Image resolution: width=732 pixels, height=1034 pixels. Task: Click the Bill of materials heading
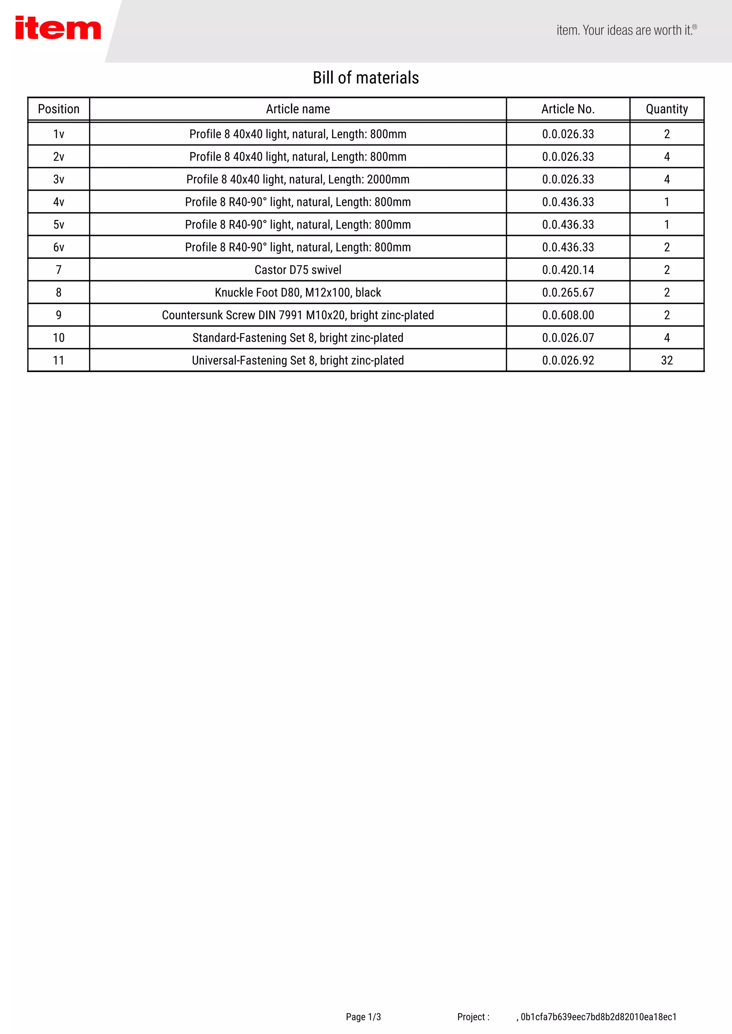366,78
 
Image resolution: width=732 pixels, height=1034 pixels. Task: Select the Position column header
59,109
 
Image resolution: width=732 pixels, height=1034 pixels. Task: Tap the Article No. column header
568,109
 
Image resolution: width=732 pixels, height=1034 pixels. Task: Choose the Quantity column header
667,109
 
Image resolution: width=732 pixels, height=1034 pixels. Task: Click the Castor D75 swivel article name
298,270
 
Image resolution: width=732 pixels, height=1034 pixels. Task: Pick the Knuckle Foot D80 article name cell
298,292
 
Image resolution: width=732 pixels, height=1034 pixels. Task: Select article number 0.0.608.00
568,315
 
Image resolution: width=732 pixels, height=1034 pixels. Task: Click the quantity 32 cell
667,360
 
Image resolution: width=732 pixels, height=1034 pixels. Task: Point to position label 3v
59,179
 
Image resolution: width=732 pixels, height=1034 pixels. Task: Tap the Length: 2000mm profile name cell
298,179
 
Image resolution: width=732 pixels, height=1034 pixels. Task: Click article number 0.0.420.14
568,270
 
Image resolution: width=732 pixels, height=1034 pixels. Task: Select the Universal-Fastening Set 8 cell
298,360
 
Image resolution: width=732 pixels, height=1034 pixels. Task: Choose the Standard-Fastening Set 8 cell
298,338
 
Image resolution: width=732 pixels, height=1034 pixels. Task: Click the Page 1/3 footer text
363,1017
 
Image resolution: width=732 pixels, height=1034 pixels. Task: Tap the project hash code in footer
598,1017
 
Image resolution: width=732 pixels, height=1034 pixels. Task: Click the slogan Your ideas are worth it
627,30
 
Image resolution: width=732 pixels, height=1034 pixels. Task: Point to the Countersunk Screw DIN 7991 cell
298,315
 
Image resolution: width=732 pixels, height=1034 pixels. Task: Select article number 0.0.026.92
568,360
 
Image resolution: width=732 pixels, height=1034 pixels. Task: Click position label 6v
59,247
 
